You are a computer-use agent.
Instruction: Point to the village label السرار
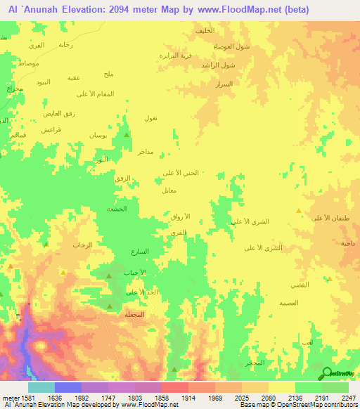pos(224,84)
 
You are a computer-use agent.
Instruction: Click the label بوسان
pos(97,135)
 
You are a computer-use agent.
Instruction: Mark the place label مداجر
pos(146,151)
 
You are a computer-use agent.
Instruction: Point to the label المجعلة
pos(134,314)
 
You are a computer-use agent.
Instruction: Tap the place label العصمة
pos(289,302)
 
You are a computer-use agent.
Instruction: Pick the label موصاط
pos(28,63)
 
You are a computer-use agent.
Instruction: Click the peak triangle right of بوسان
pos(127,134)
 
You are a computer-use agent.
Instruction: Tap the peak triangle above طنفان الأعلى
pos(299,210)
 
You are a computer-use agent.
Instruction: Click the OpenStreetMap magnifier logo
pos(326,373)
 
